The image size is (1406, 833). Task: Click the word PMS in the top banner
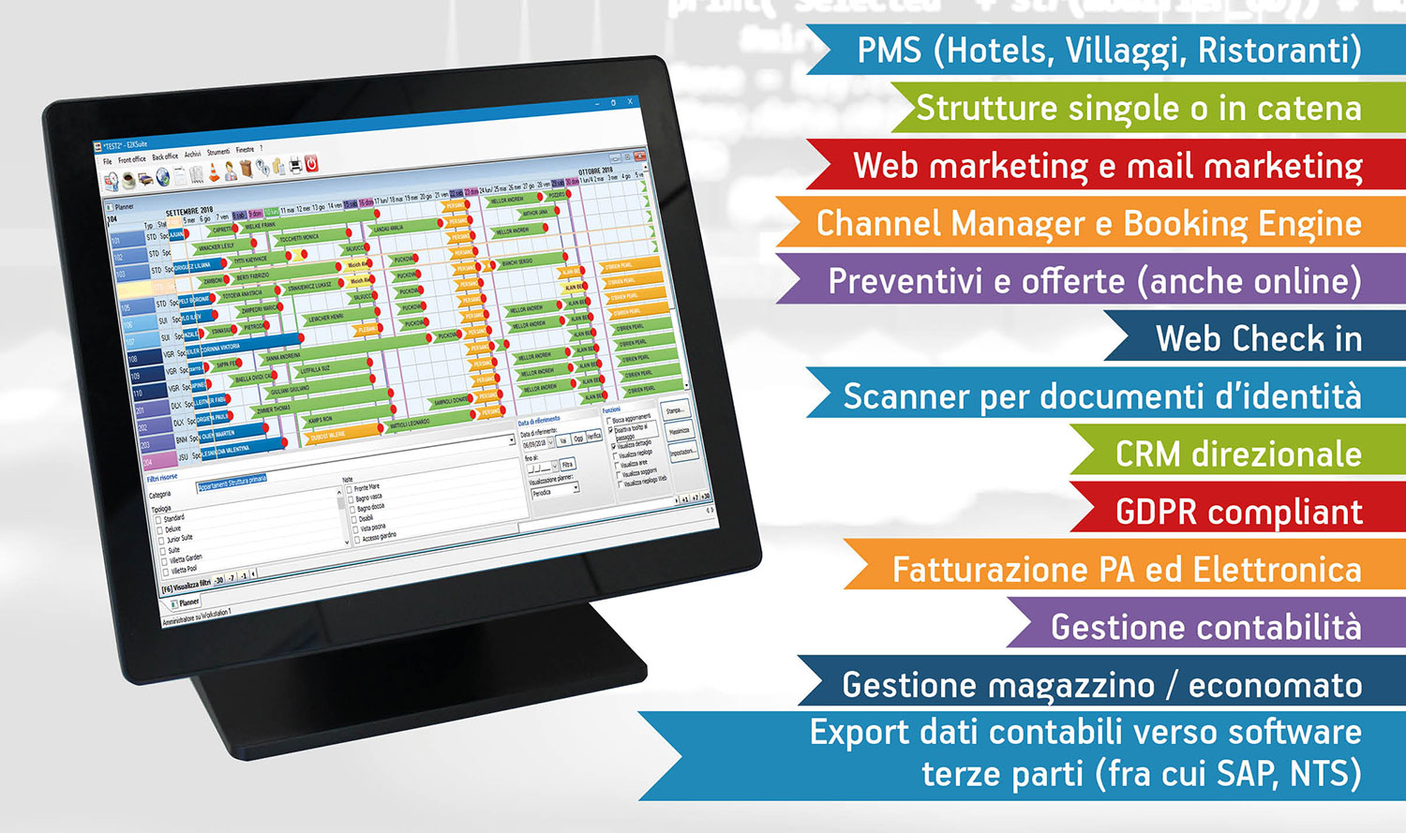click(890, 51)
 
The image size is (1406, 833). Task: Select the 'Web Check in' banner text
click(1258, 339)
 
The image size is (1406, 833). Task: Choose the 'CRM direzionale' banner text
click(1237, 454)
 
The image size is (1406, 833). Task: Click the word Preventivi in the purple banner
click(901, 282)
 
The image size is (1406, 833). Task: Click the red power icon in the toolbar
click(311, 163)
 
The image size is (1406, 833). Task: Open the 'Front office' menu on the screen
click(132, 159)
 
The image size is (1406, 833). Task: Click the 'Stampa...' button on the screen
click(675, 410)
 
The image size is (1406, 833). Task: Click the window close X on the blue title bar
click(631, 102)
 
